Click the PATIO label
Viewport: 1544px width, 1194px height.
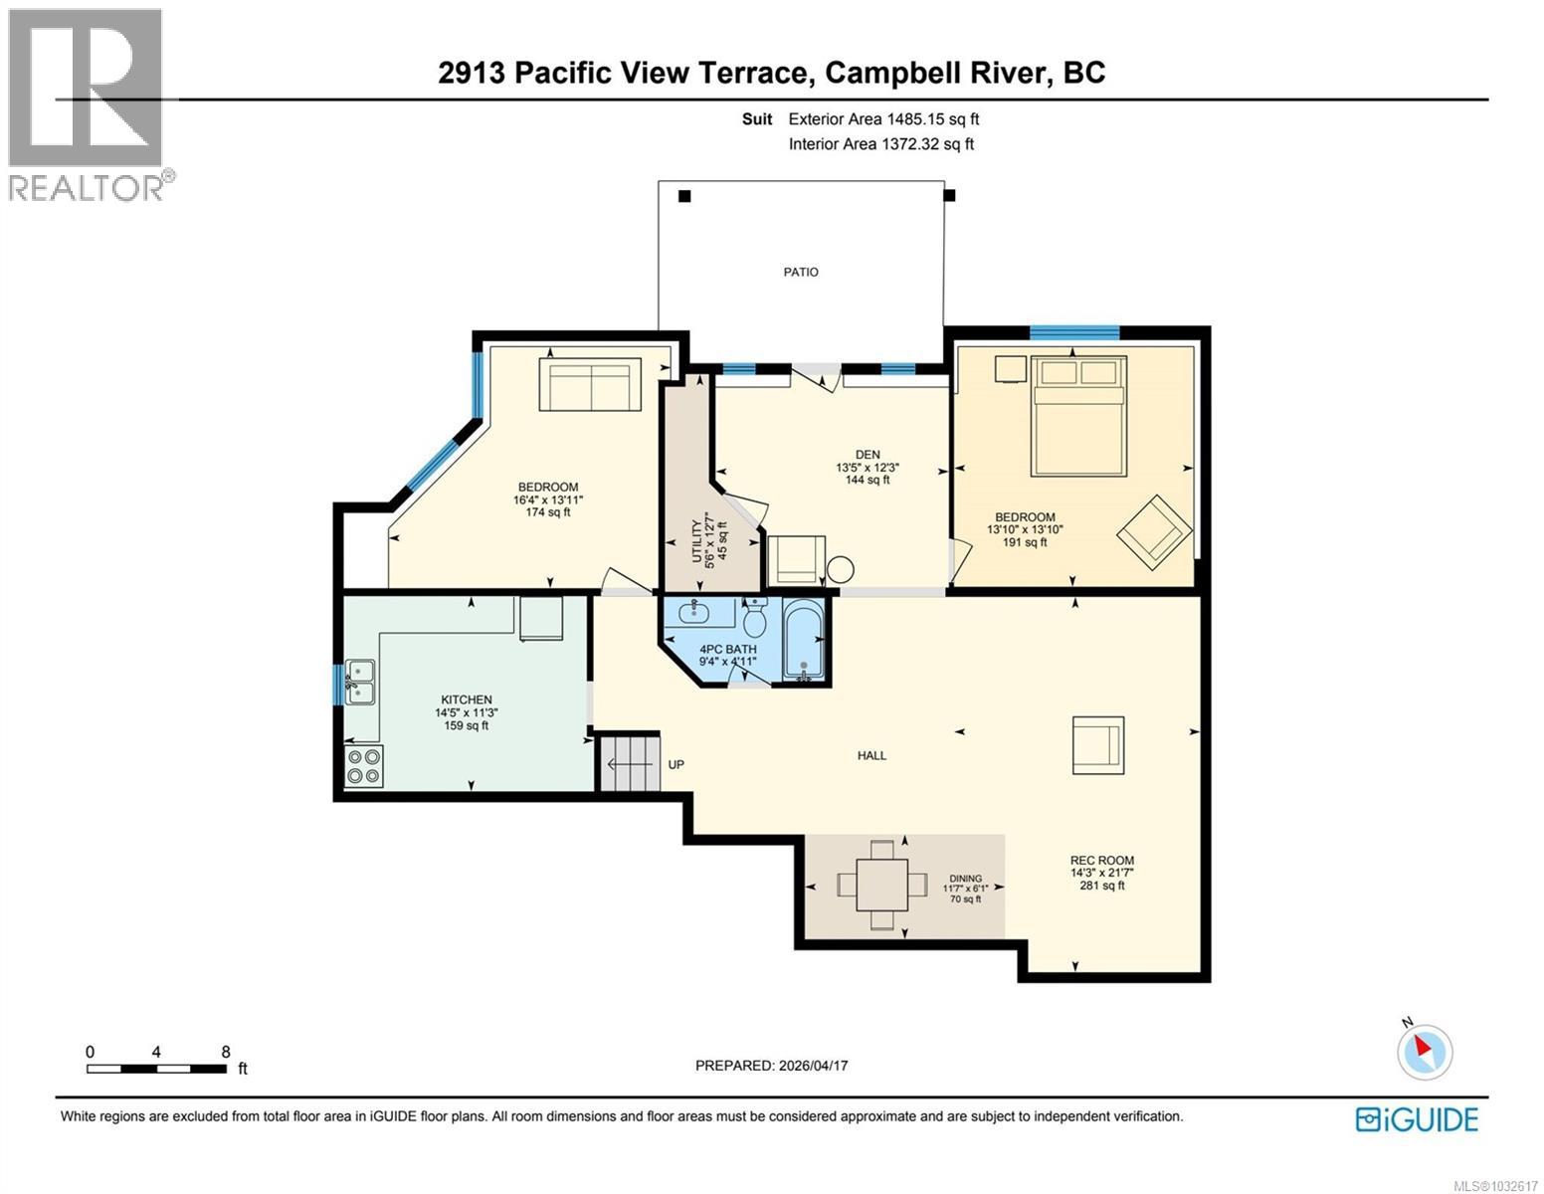click(800, 272)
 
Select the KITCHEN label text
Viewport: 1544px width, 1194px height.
click(466, 699)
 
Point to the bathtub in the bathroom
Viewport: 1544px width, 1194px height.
click(803, 640)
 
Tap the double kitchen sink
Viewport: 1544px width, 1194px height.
click(359, 682)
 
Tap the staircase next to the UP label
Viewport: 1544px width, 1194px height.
click(630, 762)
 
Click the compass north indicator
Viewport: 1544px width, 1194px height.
click(1425, 1050)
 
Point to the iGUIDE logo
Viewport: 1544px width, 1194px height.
click(1417, 1119)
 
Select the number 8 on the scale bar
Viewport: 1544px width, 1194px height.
click(226, 1051)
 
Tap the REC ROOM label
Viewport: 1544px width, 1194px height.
click(1101, 860)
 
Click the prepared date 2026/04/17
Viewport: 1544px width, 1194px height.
click(812, 1065)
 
